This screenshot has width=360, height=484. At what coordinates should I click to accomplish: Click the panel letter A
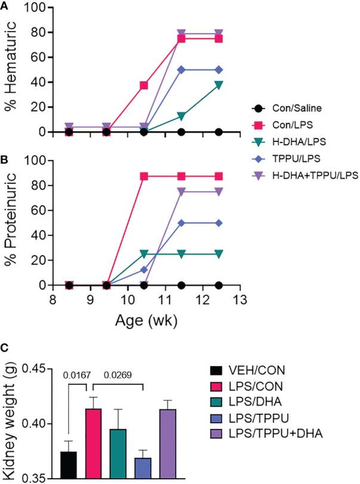[5, 6]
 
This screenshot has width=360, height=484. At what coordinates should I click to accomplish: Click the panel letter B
[5, 159]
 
